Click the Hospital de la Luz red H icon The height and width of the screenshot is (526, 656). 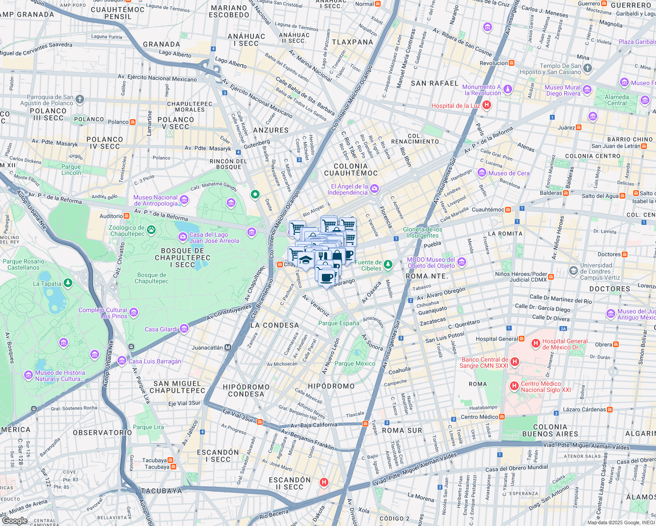[486, 105]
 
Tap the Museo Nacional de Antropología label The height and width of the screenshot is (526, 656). [155, 200]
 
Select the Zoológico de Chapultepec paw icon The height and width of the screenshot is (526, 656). [151, 230]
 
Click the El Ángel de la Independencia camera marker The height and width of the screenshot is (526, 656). [374, 189]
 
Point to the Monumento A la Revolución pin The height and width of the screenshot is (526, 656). [507, 89]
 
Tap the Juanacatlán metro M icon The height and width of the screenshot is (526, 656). [228, 348]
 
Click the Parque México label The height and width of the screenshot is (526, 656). [354, 363]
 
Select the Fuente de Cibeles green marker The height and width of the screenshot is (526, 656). [388, 264]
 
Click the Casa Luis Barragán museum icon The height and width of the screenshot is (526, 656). [122, 361]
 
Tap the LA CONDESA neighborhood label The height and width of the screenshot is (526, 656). [275, 325]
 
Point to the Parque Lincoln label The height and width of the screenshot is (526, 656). [71, 170]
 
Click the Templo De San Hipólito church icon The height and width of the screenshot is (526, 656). [588, 68]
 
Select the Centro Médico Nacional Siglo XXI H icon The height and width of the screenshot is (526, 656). [514, 386]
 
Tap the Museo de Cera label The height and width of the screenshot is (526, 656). [509, 173]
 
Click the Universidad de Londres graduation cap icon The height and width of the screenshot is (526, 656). [573, 270]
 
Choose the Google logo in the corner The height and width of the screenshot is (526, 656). [14, 520]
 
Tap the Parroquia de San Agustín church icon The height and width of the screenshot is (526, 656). [79, 99]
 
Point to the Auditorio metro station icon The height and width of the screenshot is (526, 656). [126, 216]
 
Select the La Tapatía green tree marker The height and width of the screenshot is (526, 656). [68, 283]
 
